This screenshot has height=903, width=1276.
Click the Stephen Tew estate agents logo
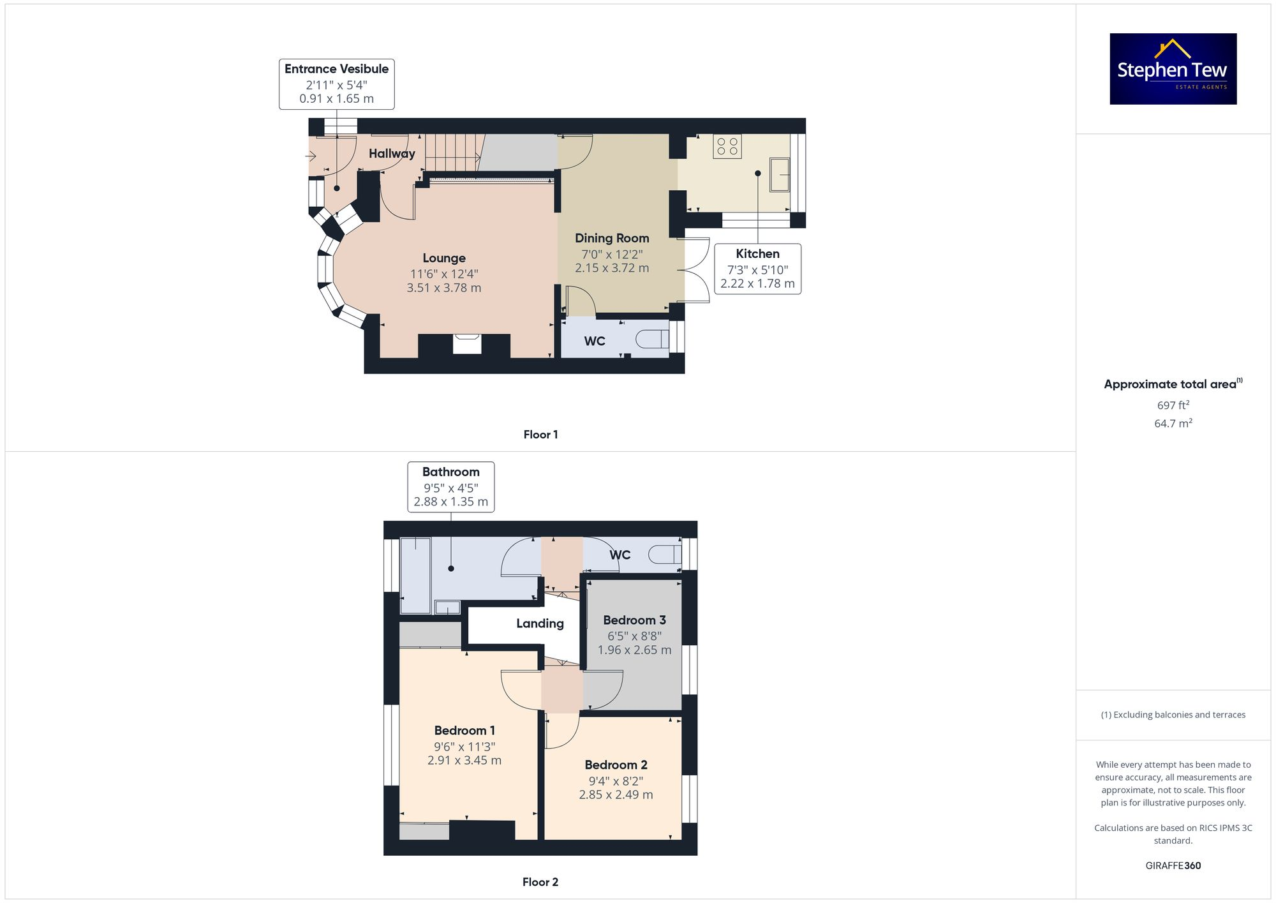pyautogui.click(x=1173, y=69)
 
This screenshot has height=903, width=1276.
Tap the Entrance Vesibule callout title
pyautogui.click(x=336, y=69)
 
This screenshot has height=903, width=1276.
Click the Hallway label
pyautogui.click(x=392, y=153)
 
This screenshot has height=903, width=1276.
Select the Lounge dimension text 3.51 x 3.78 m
pyautogui.click(x=444, y=288)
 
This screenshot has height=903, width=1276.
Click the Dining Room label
pyautogui.click(x=612, y=238)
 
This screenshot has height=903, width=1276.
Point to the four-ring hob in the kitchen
pyautogui.click(x=727, y=146)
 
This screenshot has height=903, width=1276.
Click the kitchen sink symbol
pyautogui.click(x=780, y=174)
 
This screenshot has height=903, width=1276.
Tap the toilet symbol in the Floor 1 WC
pyautogui.click(x=651, y=338)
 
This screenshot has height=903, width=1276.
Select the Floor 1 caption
pyautogui.click(x=540, y=435)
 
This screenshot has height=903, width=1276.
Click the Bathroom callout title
pyautogui.click(x=450, y=472)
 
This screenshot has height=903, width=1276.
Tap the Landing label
pyautogui.click(x=540, y=623)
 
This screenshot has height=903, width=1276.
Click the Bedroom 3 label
pyautogui.click(x=634, y=620)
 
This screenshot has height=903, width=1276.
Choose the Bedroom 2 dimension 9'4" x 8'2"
pyautogui.click(x=616, y=781)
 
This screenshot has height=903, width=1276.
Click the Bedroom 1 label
pyautogui.click(x=464, y=731)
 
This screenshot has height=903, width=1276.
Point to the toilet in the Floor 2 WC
pyautogui.click(x=664, y=555)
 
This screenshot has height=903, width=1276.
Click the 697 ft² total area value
pyautogui.click(x=1173, y=405)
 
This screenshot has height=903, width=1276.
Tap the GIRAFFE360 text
pyautogui.click(x=1173, y=866)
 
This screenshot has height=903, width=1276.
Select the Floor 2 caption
pyautogui.click(x=540, y=882)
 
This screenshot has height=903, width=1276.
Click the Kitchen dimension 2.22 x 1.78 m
pyautogui.click(x=757, y=284)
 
